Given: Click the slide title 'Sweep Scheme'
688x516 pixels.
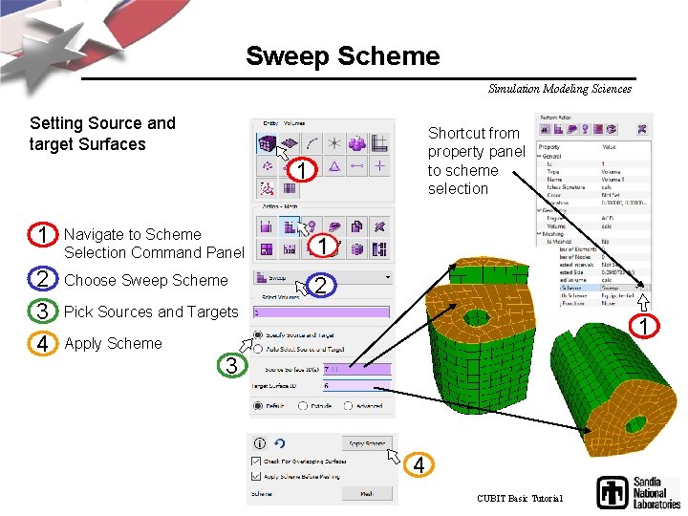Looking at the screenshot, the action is tap(342, 55).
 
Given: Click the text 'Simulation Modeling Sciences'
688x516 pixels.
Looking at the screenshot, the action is tap(559, 89).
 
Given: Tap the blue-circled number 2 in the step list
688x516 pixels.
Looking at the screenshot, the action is tap(41, 280).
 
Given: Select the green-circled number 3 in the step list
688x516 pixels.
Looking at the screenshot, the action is tap(41, 312).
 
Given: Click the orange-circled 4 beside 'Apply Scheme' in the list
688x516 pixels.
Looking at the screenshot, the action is tap(41, 343).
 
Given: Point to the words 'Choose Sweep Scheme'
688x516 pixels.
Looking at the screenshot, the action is tap(145, 280).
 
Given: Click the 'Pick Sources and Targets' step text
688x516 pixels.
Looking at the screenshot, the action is tap(150, 312).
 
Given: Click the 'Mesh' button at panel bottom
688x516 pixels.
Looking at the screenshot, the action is tap(366, 493).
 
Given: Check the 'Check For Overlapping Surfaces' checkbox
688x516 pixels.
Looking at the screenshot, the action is tap(256, 462).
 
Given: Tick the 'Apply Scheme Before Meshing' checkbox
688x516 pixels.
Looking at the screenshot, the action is tap(256, 475).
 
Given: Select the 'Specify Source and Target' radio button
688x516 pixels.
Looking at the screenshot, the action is tap(258, 334).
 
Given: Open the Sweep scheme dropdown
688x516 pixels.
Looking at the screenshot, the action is tap(323, 277).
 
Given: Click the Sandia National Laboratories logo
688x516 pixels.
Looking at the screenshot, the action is tap(637, 491).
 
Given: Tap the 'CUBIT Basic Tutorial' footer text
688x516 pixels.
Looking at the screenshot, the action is tap(520, 498).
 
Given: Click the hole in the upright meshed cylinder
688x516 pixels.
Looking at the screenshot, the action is tap(475, 317).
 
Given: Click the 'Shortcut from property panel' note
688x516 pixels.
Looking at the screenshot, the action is tap(476, 161).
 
